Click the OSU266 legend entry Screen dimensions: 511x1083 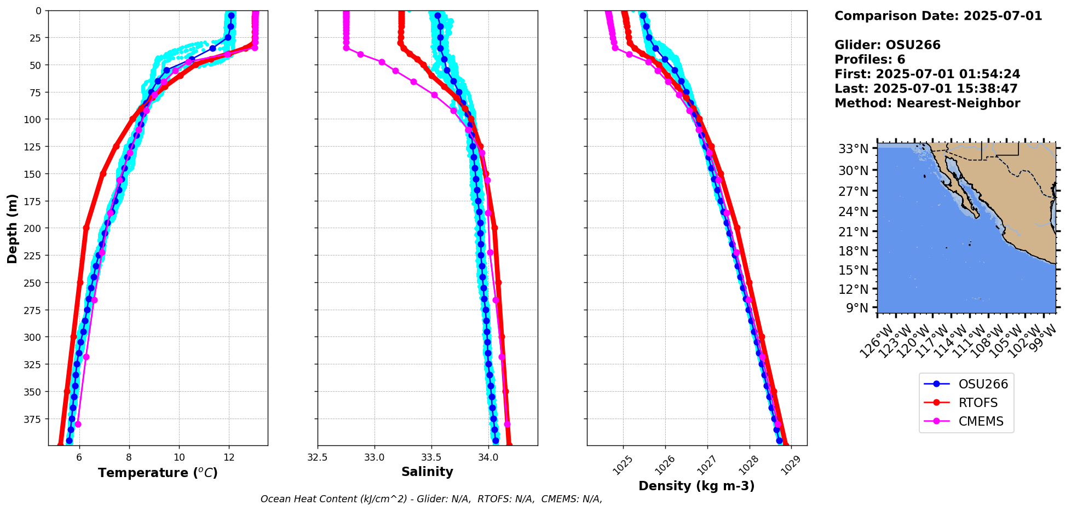pos(982,384)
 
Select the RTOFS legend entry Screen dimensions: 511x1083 pos(977,403)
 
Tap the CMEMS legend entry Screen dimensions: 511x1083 pos(981,421)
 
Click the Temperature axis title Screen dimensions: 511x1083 pos(158,473)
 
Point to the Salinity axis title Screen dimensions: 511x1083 pos(427,472)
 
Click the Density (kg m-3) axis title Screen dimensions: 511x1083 pos(696,486)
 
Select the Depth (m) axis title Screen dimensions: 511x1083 pos(12,228)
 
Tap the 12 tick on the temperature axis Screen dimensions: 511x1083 pos(229,457)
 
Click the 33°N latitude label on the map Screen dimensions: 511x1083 pos(853,149)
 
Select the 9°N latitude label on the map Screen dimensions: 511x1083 pos(857,308)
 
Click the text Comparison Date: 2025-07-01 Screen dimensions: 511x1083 pos(938,16)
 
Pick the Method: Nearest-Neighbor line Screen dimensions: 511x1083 pos(927,103)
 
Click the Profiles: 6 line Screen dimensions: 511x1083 pos(869,60)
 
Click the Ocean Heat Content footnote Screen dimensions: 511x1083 pos(431,499)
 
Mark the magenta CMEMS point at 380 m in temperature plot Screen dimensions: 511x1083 pos(78,425)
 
